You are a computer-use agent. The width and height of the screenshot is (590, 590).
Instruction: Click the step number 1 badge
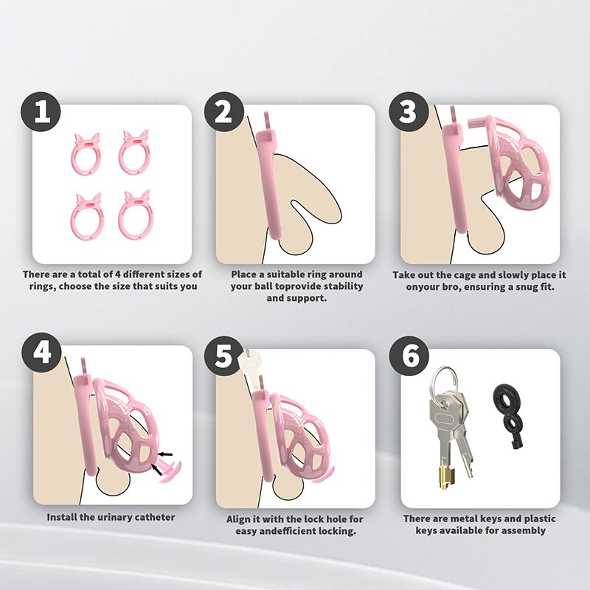41,112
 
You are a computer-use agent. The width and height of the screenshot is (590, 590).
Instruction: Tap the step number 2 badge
224,112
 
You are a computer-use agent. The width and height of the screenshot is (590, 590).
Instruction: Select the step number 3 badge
409,112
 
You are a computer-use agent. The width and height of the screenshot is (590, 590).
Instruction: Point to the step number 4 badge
41,353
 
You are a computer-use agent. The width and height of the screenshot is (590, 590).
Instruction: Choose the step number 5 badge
224,356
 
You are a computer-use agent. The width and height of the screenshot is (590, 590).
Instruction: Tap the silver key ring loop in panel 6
445,381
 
